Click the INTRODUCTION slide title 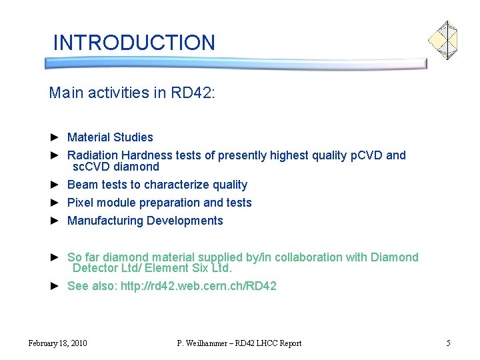click(134, 43)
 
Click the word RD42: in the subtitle click(194, 93)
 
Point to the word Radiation click(93, 155)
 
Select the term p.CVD click(366, 155)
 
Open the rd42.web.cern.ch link click(198, 286)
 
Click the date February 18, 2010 click(57, 343)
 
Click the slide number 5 click(448, 343)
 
